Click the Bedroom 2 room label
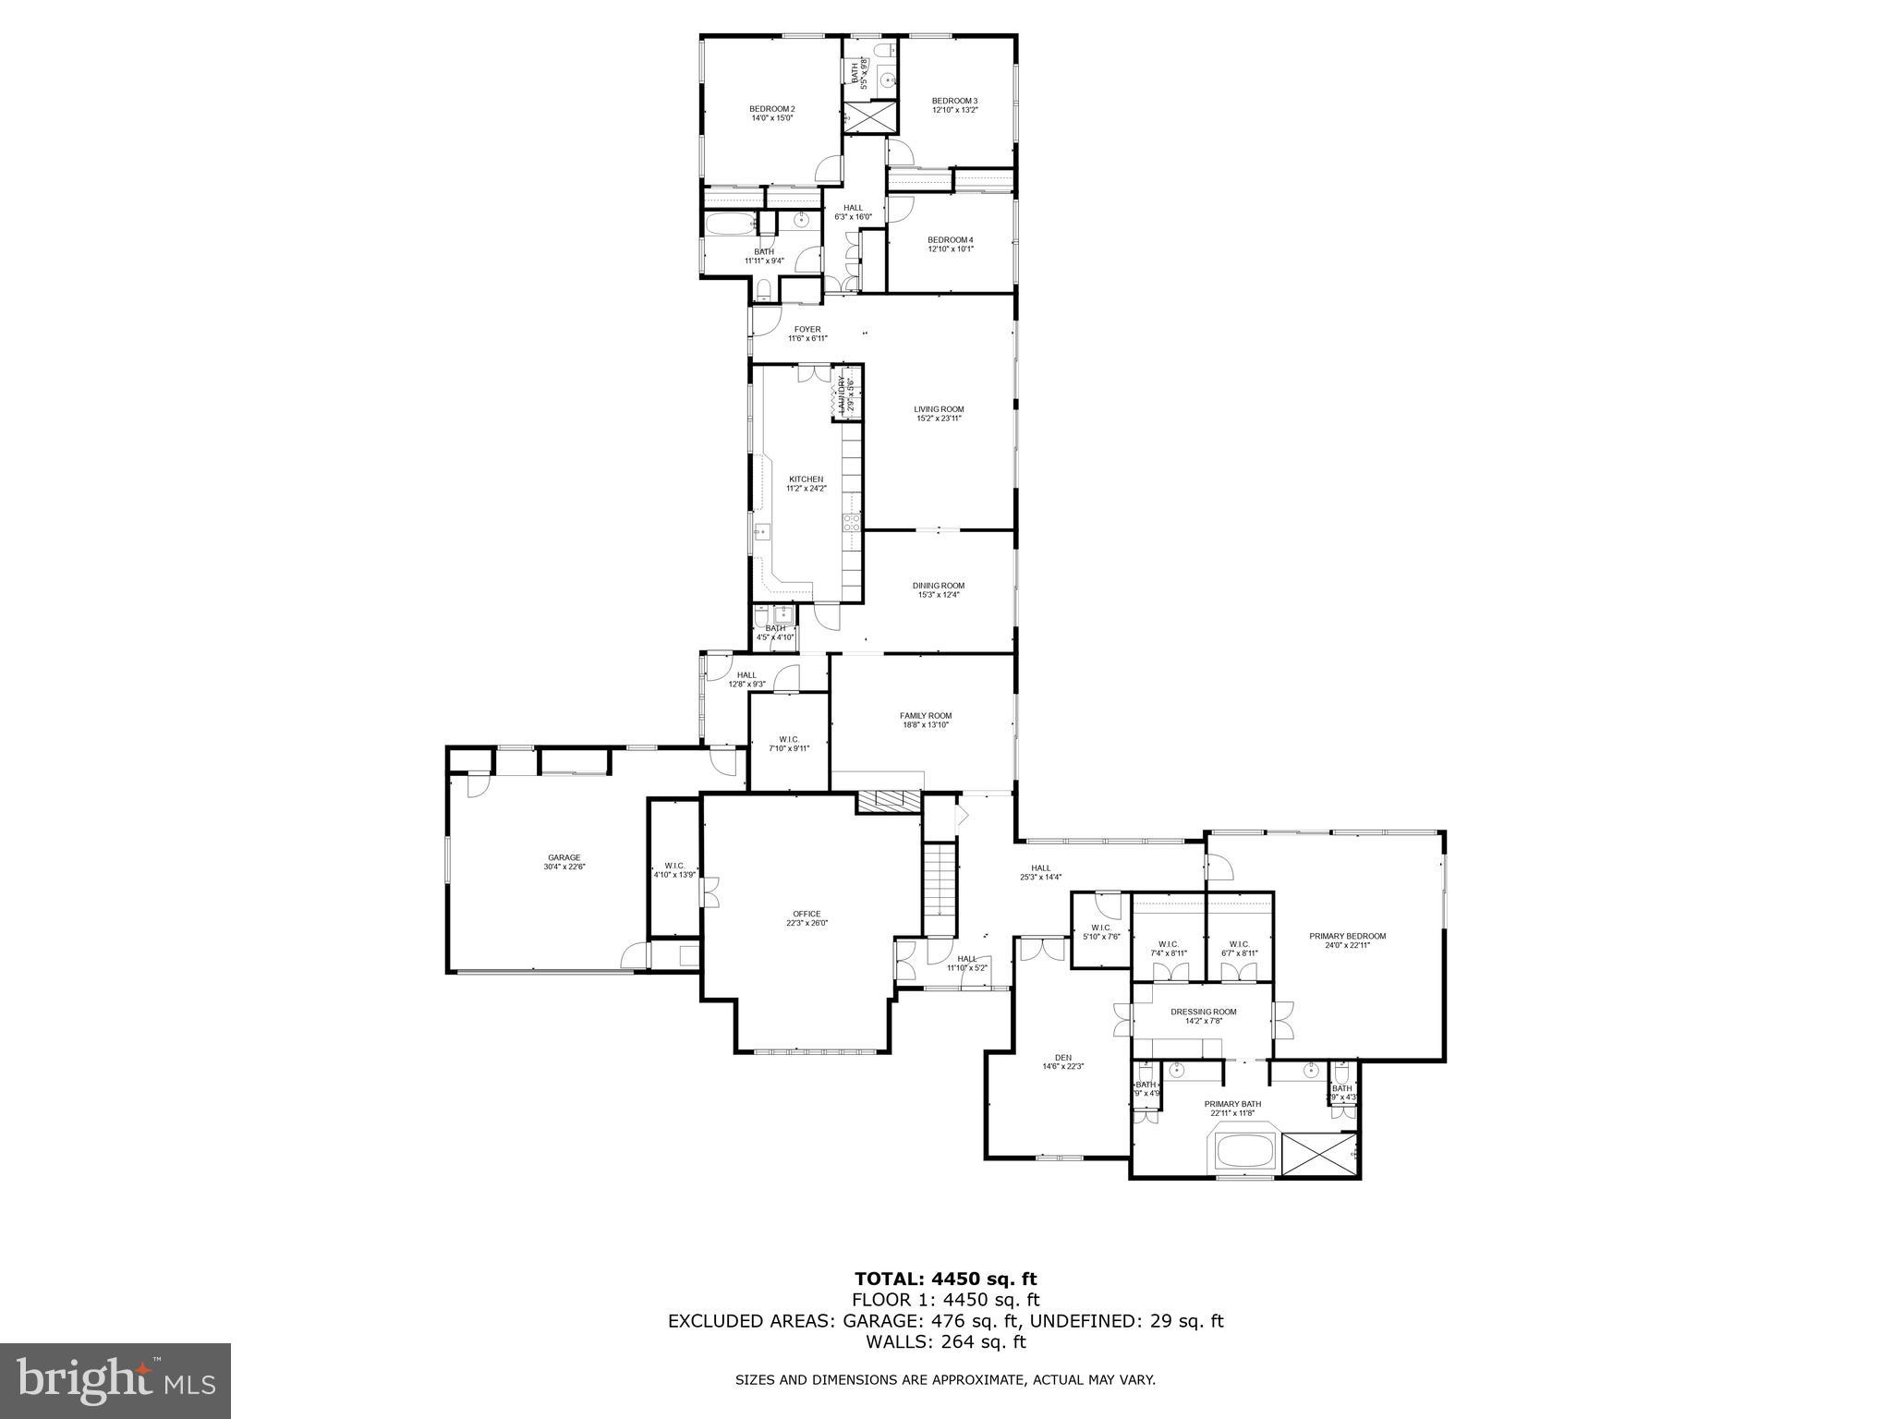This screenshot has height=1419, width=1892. (771, 109)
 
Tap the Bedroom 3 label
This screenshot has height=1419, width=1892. (954, 101)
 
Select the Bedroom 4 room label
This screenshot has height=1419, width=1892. (951, 239)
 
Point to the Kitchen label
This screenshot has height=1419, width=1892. (806, 479)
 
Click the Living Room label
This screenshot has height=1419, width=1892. (939, 409)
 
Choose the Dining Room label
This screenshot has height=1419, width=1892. (939, 585)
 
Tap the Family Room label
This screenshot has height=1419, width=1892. (926, 716)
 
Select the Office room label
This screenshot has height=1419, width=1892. (807, 914)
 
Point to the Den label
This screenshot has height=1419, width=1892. (1062, 1059)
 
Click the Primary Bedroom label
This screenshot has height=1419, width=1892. (1347, 936)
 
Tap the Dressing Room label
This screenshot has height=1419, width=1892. (1203, 1012)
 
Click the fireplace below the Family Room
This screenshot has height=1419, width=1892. (890, 802)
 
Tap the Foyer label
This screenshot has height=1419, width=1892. (807, 329)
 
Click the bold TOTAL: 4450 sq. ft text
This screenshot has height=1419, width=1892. (945, 1279)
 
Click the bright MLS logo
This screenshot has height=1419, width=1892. (115, 1380)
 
